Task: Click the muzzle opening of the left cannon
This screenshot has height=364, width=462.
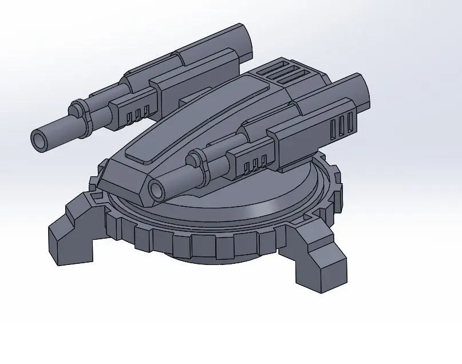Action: [x=41, y=139]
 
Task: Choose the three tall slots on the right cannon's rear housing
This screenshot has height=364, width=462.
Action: [x=341, y=125]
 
